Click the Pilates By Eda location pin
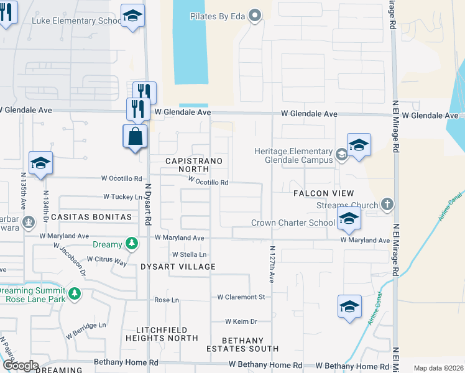click(x=254, y=16)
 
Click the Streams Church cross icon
click(x=387, y=205)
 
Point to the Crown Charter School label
click(x=293, y=223)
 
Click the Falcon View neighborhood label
click(x=323, y=194)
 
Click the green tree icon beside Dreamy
click(x=131, y=244)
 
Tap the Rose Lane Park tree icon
click(x=74, y=293)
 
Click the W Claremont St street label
click(x=241, y=297)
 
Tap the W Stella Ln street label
click(x=189, y=254)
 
